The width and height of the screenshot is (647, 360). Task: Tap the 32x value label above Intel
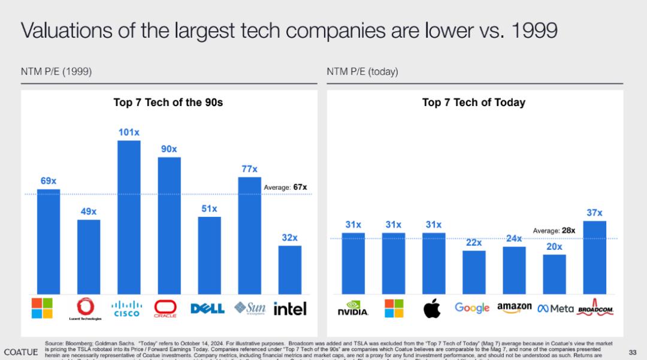(290, 238)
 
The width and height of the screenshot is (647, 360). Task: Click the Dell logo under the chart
(207, 308)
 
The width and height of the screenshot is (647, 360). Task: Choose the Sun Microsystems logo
(250, 307)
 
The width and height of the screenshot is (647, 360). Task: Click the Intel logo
(290, 308)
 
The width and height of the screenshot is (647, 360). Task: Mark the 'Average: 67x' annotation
(285, 187)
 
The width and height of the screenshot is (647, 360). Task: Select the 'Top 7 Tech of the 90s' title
(168, 102)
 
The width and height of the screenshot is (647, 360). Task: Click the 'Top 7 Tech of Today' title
(473, 102)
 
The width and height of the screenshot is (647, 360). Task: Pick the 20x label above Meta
(554, 247)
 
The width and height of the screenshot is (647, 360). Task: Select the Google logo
(472, 308)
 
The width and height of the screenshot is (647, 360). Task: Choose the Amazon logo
(514, 307)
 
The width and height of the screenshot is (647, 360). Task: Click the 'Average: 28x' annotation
(554, 230)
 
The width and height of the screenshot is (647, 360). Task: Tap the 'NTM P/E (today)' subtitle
(362, 72)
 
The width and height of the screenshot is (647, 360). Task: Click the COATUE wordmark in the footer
(21, 352)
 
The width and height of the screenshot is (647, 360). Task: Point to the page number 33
(633, 352)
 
